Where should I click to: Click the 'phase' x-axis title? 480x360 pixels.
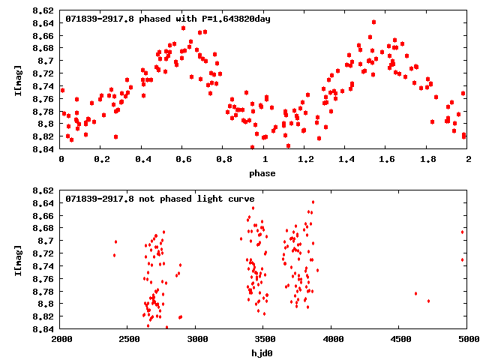tap(262, 173)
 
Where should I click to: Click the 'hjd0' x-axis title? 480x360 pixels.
tap(262, 352)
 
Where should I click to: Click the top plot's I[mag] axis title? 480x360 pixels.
tap(17, 79)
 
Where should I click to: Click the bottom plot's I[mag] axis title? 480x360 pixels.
tap(17, 259)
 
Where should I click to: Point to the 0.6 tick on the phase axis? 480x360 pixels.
tap(183, 159)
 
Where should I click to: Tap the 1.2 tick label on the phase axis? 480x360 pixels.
tap(305, 159)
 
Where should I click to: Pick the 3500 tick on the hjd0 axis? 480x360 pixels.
tap(264, 338)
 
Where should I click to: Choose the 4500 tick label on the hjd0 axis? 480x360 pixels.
tap(400, 338)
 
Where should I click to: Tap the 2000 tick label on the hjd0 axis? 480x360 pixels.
tap(61, 338)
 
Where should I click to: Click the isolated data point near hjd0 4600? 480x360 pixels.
tap(415, 293)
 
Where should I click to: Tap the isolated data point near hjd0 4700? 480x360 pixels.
tap(428, 301)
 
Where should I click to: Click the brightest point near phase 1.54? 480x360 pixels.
tap(373, 22)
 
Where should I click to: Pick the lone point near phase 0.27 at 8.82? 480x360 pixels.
tap(115, 136)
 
